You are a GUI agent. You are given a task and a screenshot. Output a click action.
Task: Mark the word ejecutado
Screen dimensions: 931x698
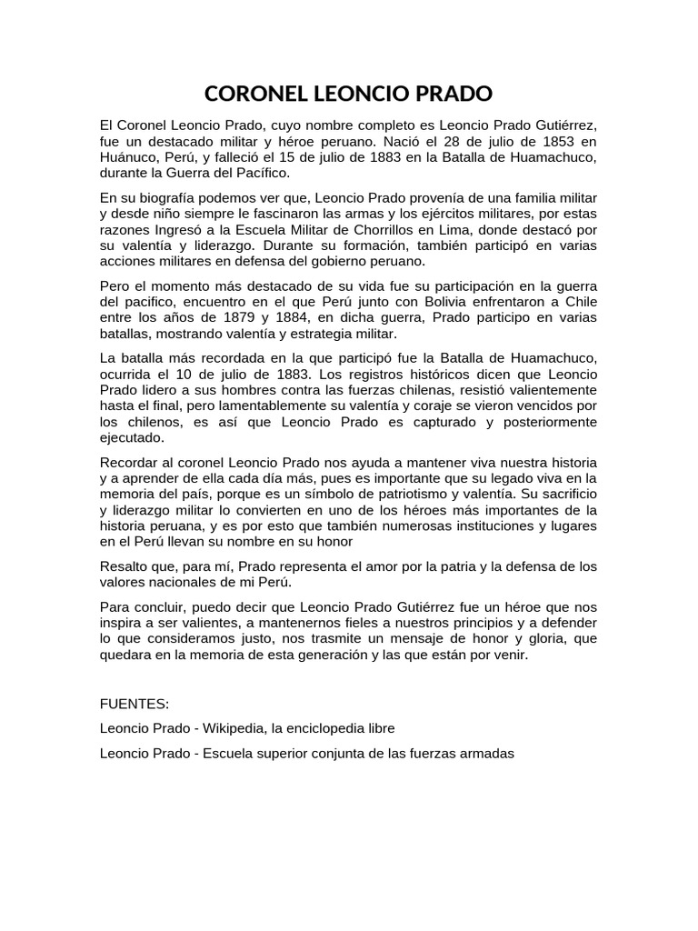133,436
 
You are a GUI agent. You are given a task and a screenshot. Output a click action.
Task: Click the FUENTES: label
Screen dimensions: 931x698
133,704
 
